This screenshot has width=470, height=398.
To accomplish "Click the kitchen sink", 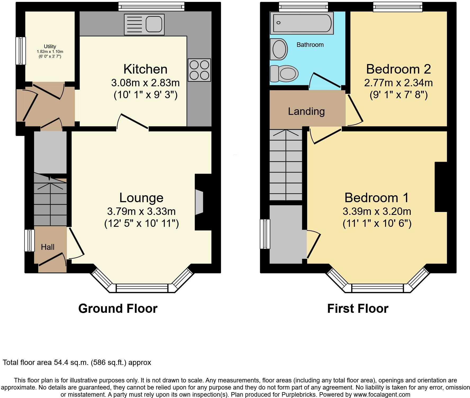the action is coord(144,24).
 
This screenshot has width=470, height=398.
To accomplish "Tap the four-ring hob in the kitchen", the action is coord(199,70).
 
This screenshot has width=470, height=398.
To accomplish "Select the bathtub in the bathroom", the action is coord(301,23).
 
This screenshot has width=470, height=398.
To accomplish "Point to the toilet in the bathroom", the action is coord(284,73).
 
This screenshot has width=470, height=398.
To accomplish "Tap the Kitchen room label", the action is coord(145,69).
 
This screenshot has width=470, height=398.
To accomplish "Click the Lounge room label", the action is coord(141,198).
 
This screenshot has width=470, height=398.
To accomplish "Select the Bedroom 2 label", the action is coord(399,69).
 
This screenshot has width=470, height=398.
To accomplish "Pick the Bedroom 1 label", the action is coord(377,198).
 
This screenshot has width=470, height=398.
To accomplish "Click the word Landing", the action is coord(306,111).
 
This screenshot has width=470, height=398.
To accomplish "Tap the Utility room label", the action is coord(50,46).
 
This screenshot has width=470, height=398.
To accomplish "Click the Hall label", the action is coord(48,247).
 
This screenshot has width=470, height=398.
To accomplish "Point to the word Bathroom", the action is coord(310,45).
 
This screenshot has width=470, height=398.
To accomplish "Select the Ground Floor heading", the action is coord(118,309).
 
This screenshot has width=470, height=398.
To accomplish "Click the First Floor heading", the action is coord(358,309).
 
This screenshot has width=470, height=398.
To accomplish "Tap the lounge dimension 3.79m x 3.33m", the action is coord(141,211).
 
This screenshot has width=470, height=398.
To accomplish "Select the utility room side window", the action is coord(21,51).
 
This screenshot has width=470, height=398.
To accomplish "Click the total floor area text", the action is coord(77,362).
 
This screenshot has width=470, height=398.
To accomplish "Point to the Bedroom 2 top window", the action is coord(398,7).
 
